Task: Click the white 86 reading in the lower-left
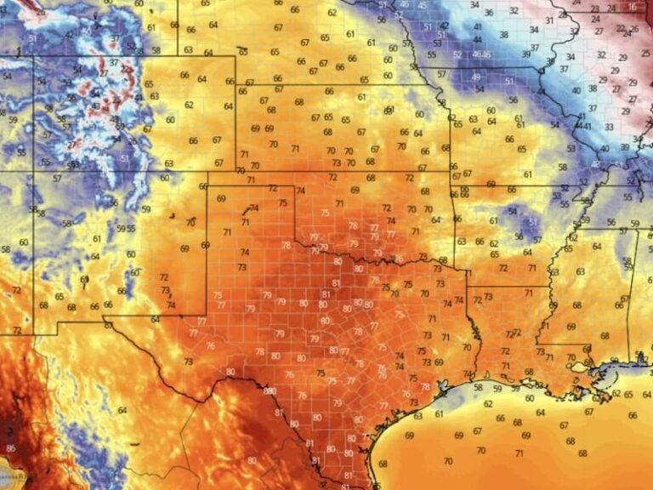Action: (x=10, y=447)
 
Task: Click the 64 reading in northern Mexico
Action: (x=122, y=410)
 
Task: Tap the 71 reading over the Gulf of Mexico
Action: (x=519, y=453)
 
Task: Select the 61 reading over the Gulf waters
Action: (x=439, y=414)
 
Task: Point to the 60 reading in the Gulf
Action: (x=530, y=398)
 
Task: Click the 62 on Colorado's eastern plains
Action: (x=189, y=105)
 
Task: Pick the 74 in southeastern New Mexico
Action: (x=171, y=305)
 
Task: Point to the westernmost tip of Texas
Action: (x=105, y=321)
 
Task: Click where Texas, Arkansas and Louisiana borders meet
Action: (x=467, y=287)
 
